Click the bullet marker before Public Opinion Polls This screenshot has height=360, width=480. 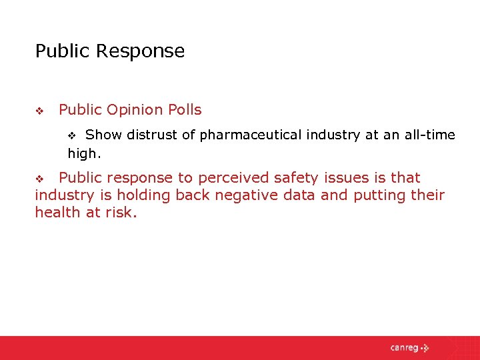tap(39, 111)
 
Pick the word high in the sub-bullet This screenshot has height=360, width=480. tap(82, 154)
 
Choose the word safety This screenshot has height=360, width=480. tap(289, 178)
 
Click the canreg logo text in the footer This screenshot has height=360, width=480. tap(403, 347)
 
